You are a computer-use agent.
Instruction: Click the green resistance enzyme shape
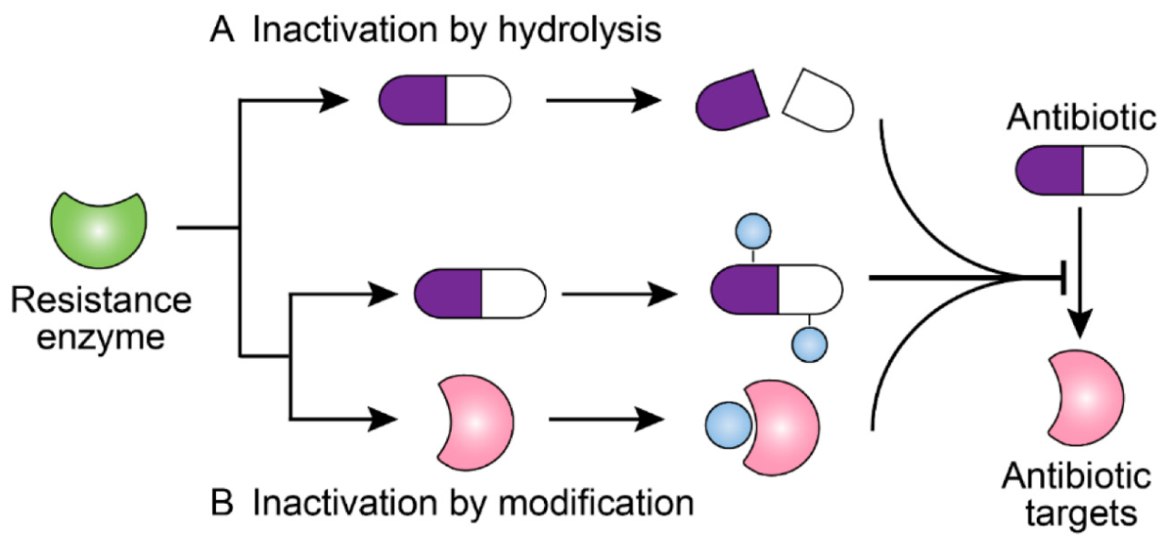[99, 231]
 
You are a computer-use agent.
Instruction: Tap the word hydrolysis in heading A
[580, 31]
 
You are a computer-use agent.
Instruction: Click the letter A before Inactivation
[222, 30]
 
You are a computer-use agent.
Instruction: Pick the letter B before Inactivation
[222, 503]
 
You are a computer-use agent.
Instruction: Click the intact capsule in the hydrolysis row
[445, 100]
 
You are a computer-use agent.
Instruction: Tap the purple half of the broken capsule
[731, 100]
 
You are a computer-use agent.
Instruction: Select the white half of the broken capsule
[819, 100]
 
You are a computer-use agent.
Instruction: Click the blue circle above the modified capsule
[753, 231]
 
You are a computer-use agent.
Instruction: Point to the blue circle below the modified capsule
[810, 344]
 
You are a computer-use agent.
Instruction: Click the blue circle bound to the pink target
[729, 425]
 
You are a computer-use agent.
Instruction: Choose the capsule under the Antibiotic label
[1081, 170]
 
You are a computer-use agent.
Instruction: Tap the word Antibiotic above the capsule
[1081, 118]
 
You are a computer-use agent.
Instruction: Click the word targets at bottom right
[1081, 515]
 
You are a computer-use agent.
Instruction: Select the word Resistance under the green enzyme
[101, 301]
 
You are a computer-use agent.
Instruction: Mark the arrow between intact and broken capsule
[604, 100]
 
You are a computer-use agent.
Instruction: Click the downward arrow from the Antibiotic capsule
[1080, 272]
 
